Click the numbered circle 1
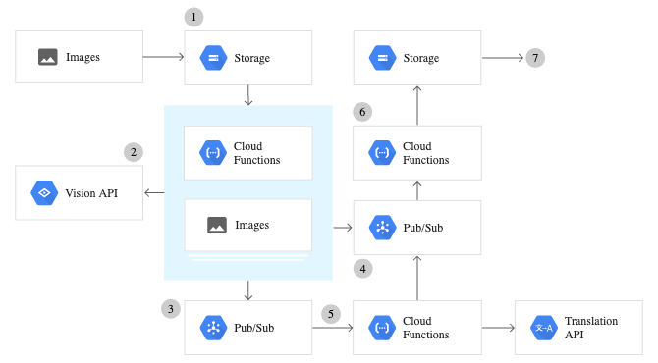[x=194, y=17]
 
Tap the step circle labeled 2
[x=134, y=152]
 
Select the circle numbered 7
[x=534, y=57]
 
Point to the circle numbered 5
[x=331, y=316]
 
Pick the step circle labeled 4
[x=363, y=268]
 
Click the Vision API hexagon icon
[x=42, y=193]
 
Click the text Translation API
[x=586, y=328]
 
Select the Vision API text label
[x=91, y=193]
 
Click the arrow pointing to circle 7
[x=502, y=58]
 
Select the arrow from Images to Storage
[x=163, y=57]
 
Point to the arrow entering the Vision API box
[x=153, y=193]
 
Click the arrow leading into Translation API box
[x=498, y=328]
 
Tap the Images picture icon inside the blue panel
[x=217, y=225]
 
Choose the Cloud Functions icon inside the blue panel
[x=213, y=152]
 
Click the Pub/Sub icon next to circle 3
[x=213, y=328]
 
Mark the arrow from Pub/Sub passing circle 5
[x=332, y=328]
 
